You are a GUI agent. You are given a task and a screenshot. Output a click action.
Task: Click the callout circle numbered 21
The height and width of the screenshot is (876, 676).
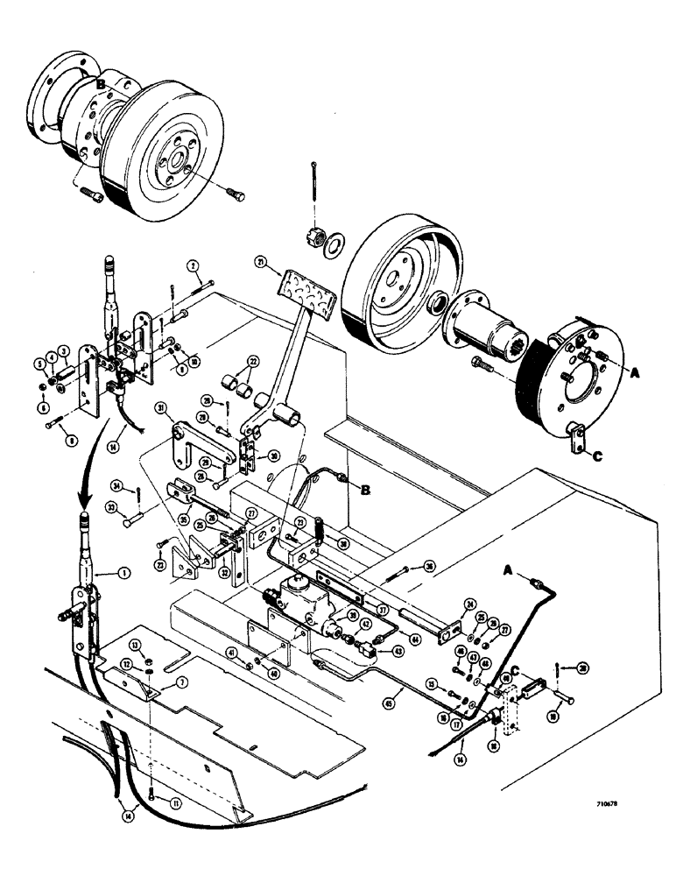260,262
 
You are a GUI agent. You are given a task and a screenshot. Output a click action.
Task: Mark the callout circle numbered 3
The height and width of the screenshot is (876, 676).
63,350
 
